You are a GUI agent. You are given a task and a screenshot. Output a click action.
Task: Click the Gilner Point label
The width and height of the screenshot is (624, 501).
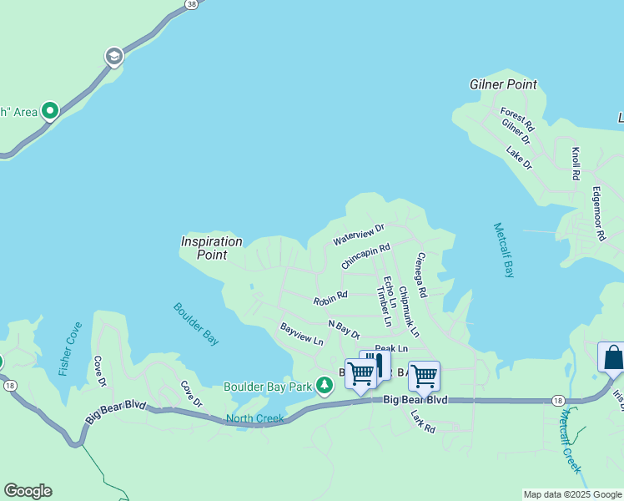(503, 85)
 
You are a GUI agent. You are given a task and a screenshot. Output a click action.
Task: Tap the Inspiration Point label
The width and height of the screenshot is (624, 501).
(212, 248)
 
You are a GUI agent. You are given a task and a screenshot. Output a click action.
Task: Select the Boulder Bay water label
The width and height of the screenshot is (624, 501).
(197, 323)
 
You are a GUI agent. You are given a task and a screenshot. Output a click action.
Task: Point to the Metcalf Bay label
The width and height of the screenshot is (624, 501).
(504, 250)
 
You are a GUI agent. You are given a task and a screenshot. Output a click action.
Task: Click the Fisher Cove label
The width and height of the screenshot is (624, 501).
(70, 348)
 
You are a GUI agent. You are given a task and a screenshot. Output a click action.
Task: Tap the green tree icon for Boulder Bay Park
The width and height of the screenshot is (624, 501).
(325, 386)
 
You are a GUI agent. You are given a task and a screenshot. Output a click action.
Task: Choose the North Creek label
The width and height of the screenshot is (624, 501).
(254, 418)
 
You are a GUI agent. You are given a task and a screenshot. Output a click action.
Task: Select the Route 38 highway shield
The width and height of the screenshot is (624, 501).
(192, 4)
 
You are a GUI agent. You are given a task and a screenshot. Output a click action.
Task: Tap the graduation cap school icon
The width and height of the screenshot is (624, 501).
(113, 57)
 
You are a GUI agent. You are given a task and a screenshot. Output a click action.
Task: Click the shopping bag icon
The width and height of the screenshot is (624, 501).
(612, 357)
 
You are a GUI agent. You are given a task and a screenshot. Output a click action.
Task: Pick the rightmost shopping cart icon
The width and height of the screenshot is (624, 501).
(424, 377)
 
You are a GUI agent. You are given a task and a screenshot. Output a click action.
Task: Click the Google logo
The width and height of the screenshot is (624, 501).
(28, 491)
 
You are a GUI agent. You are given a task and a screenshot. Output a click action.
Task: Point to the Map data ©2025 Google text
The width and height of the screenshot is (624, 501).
(572, 494)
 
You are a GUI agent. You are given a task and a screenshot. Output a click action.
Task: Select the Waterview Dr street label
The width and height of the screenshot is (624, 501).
(359, 234)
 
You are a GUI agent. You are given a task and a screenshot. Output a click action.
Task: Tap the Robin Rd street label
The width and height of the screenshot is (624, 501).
(330, 297)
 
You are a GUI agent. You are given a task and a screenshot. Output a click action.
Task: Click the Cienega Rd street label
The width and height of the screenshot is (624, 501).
(421, 276)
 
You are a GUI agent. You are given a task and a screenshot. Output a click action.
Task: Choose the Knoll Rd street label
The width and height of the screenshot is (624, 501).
(576, 164)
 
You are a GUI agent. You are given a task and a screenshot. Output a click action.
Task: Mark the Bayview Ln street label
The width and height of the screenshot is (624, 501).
(301, 334)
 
